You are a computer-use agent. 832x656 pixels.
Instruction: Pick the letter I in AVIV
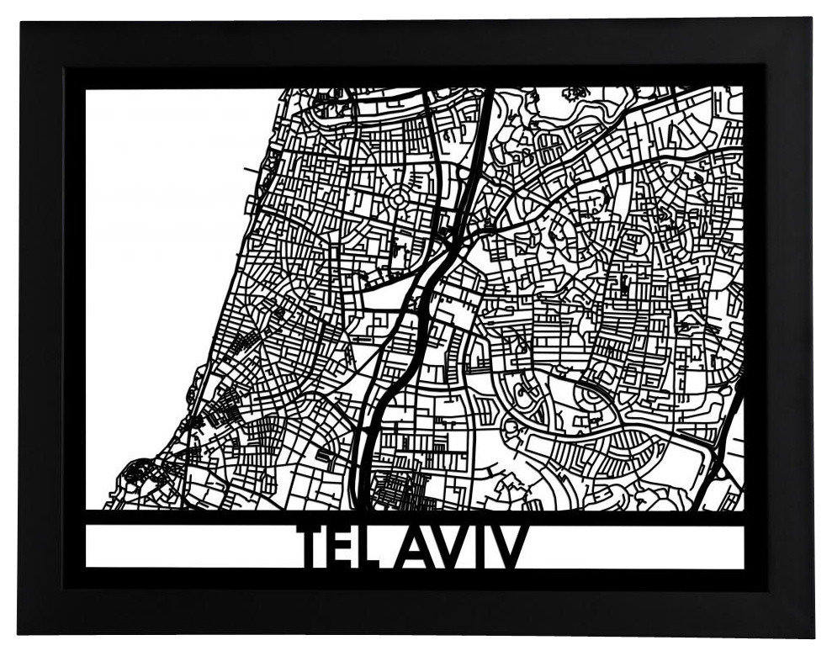point(487,547)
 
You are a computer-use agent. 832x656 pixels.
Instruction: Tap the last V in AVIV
point(512,547)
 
